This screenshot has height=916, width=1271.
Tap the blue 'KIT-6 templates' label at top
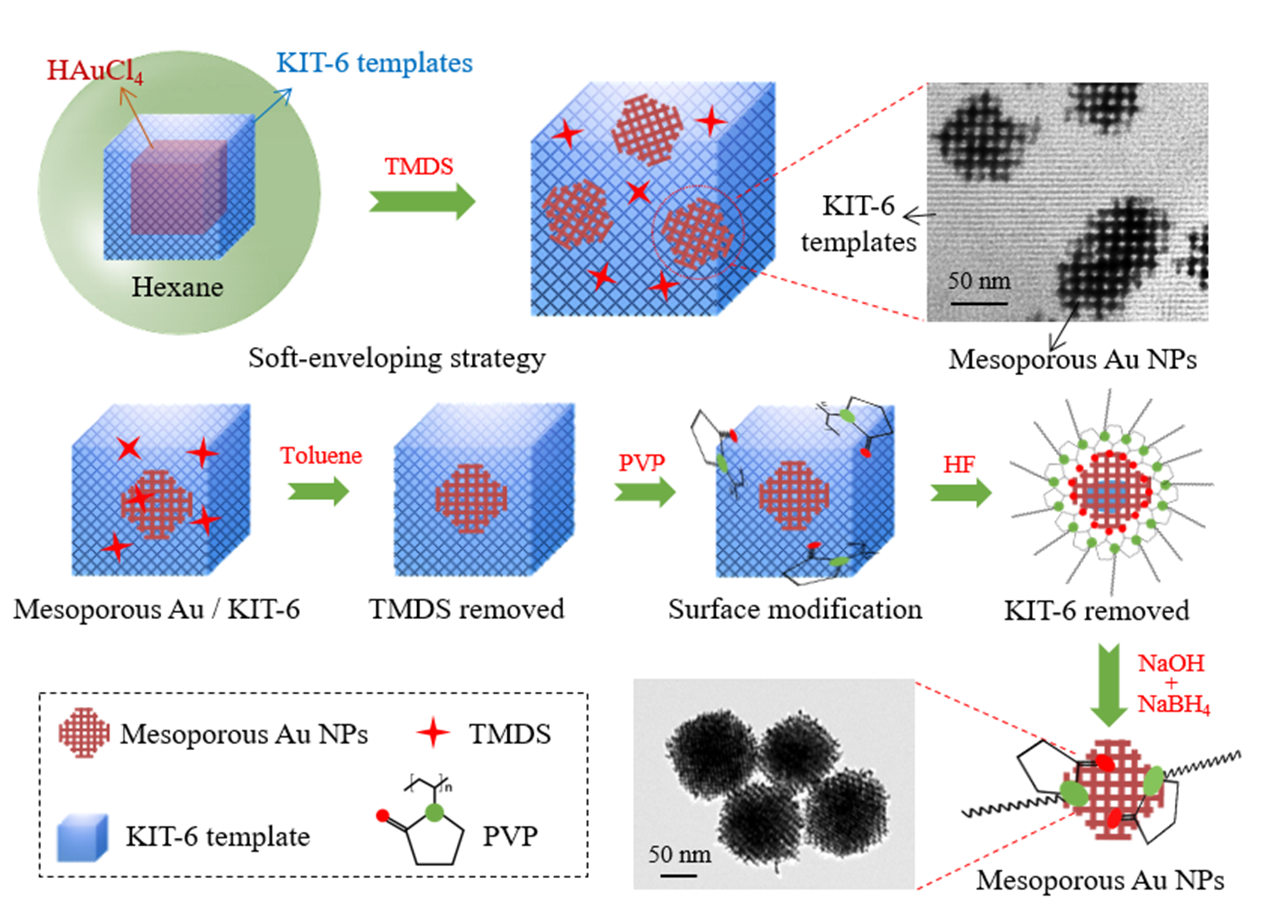[374, 63]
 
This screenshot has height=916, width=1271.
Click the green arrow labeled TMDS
[421, 201]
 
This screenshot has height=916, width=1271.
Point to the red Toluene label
[321, 455]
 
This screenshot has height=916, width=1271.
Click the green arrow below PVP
[644, 492]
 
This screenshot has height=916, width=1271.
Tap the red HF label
[959, 464]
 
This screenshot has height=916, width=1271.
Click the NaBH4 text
[1173, 705]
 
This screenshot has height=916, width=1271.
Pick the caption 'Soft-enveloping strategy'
[397, 358]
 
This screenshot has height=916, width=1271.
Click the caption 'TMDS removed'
[466, 609]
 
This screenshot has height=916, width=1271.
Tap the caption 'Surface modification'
[795, 609]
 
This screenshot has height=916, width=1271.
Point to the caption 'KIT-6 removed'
[1096, 610]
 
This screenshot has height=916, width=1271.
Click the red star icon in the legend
[433, 733]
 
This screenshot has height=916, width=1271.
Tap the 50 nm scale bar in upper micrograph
[978, 303]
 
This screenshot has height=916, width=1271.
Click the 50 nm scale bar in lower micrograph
[679, 875]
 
